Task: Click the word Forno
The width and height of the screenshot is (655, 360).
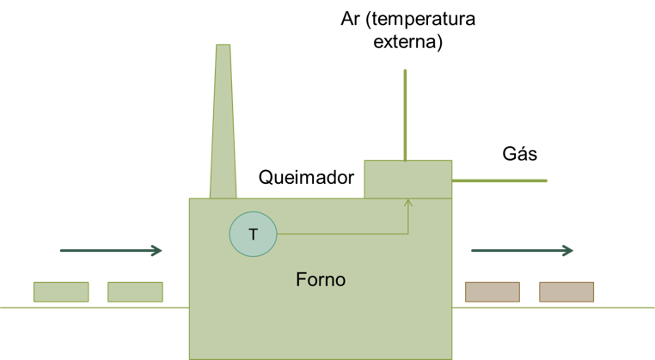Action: pos(321,280)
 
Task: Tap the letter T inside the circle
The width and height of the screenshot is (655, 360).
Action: pos(253,235)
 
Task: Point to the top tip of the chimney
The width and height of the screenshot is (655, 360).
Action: pos(223,46)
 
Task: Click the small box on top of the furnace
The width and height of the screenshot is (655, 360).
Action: pos(408,179)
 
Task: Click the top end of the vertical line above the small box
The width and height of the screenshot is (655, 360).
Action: pos(405,71)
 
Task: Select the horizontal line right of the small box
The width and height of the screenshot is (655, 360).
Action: pos(499,180)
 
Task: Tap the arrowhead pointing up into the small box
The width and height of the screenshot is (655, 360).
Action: pos(408,203)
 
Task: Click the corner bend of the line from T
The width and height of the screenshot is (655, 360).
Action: pos(408,233)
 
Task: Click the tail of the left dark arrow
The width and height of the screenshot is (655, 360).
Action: pos(61,251)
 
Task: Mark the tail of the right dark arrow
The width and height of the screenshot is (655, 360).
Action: pos(473,251)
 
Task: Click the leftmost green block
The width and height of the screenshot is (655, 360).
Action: pos(61,292)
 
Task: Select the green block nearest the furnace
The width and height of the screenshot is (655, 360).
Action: pos(135,292)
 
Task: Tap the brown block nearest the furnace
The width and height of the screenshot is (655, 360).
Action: pos(492,292)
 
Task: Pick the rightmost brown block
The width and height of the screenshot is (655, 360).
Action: pos(566,292)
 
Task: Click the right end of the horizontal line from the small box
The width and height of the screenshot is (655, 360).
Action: pos(546,180)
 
